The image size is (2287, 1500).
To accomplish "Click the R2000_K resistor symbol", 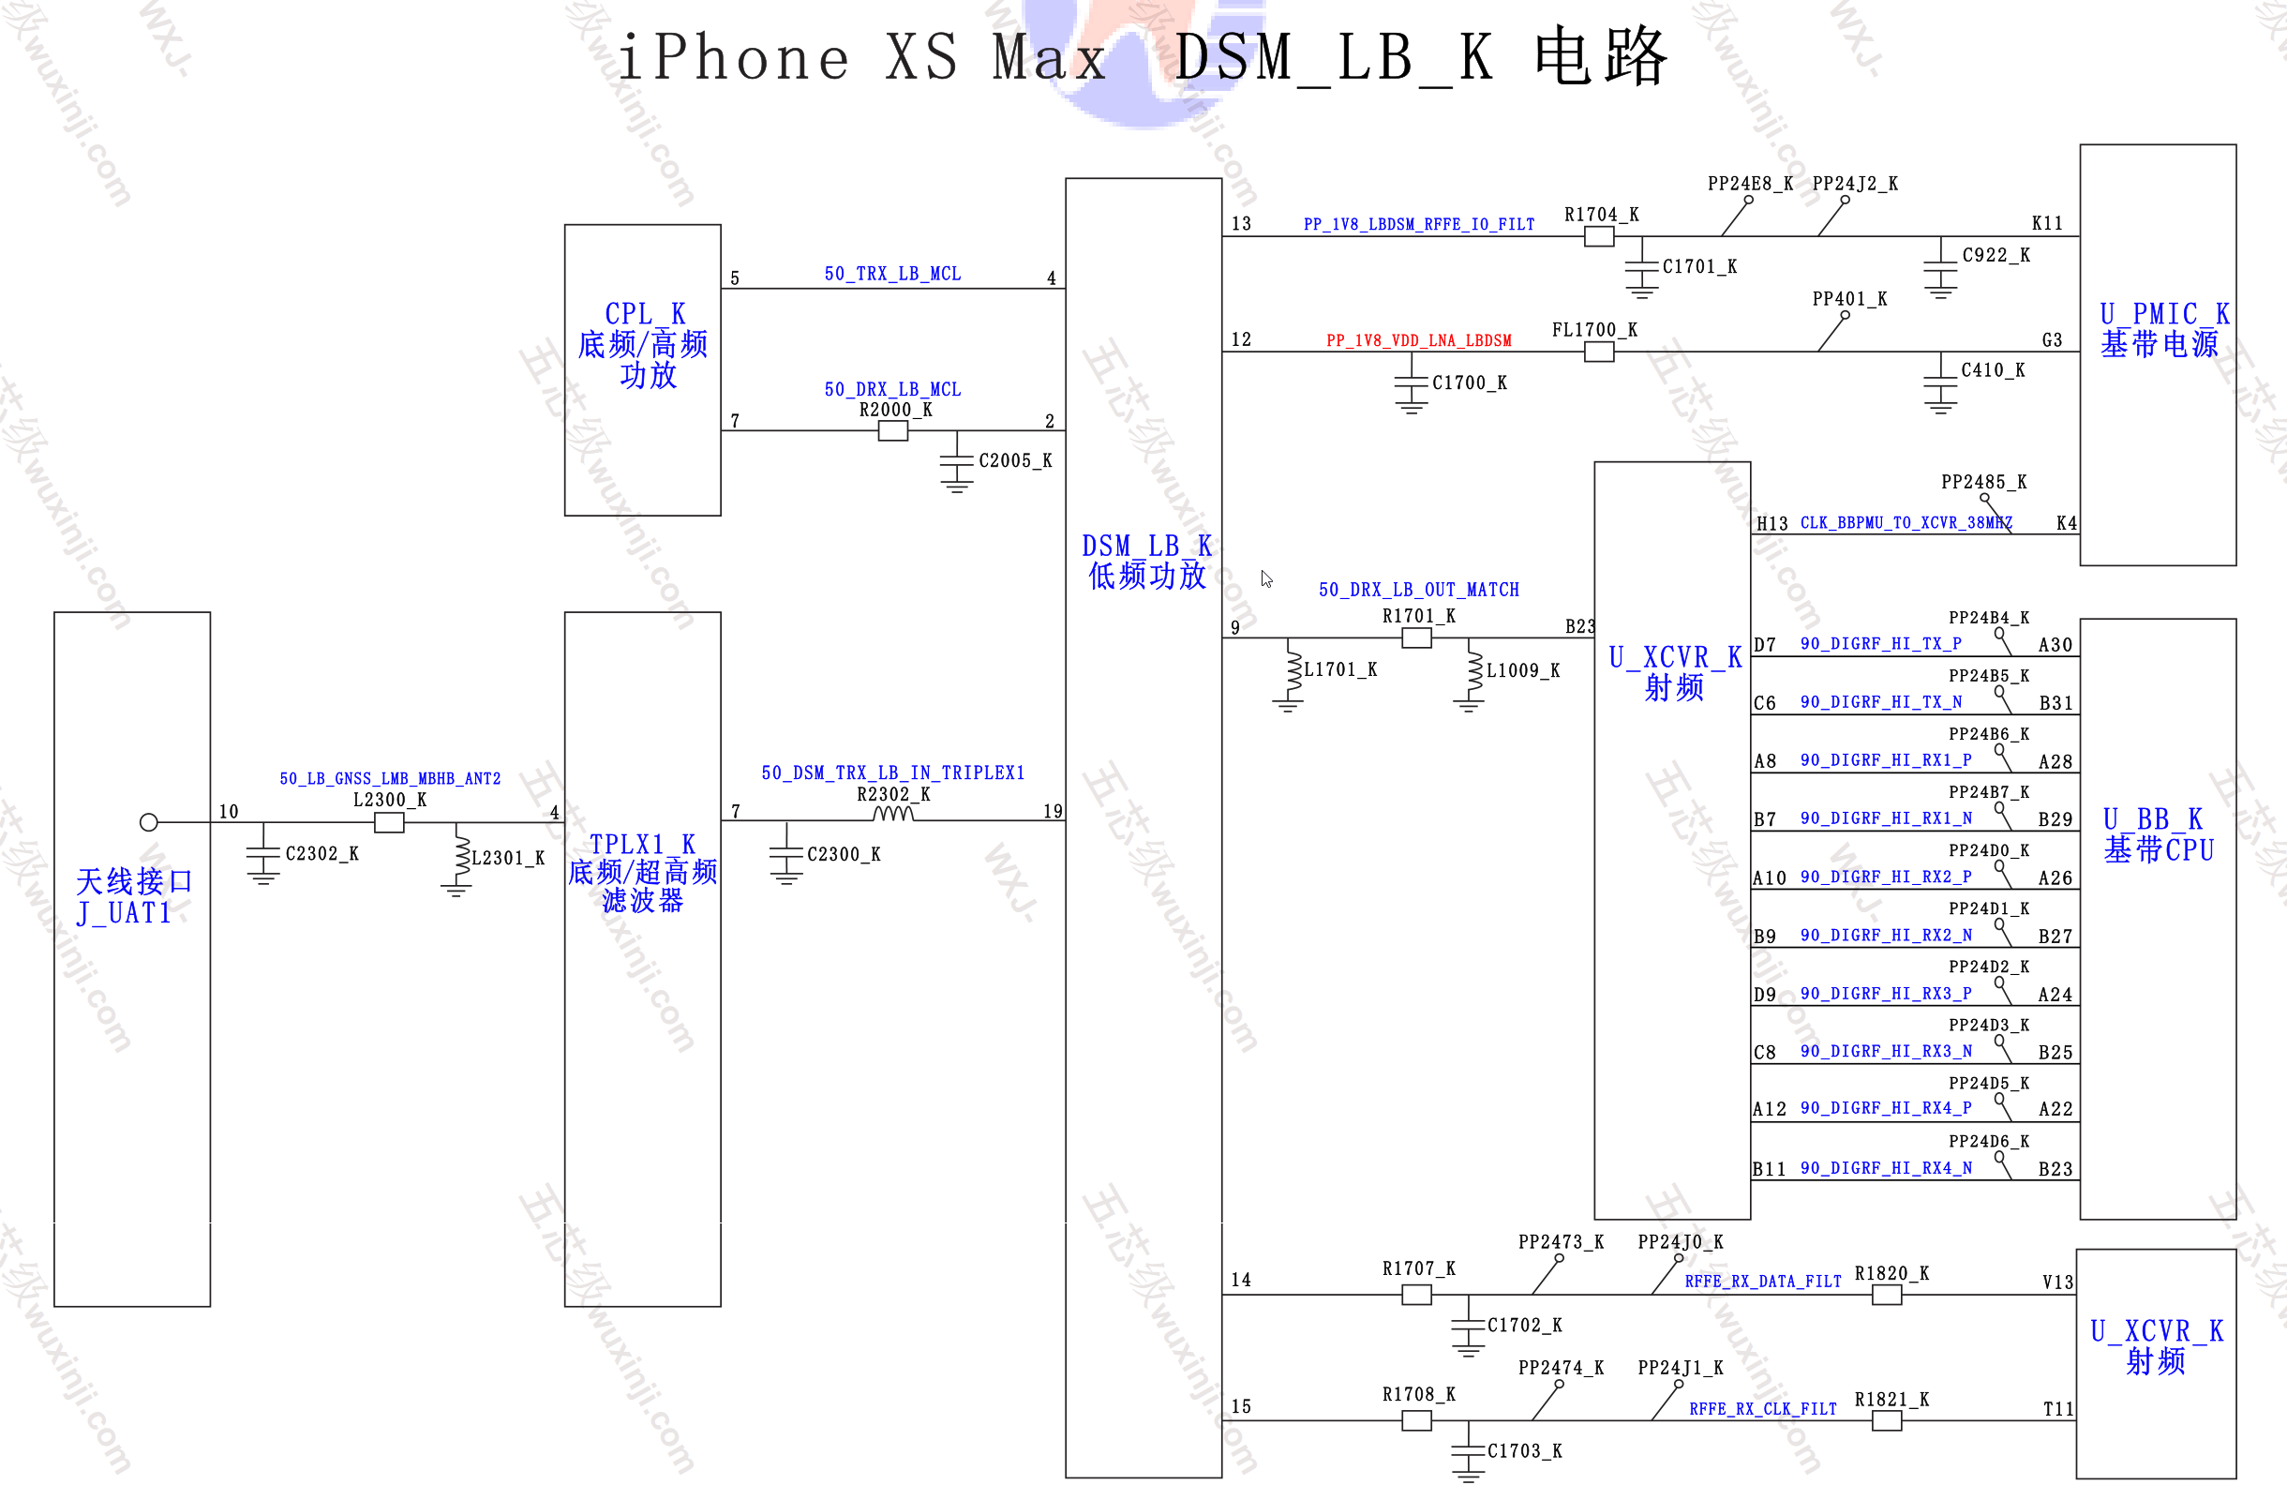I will click(x=892, y=431).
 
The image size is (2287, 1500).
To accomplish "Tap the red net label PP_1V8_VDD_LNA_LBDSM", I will click(x=1418, y=340).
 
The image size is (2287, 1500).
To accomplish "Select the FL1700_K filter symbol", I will click(x=1599, y=352).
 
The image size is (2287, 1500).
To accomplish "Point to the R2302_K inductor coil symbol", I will click(x=892, y=815).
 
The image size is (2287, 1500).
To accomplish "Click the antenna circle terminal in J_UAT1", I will click(x=148, y=822).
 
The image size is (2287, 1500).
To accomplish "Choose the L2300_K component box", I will click(x=389, y=822).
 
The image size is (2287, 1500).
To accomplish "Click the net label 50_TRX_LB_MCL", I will click(x=892, y=274).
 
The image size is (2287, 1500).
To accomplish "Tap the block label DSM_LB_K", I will click(x=1146, y=546).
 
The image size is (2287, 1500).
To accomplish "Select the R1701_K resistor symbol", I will click(x=1416, y=638).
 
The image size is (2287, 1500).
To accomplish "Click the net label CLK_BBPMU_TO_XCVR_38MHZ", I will click(x=1906, y=523).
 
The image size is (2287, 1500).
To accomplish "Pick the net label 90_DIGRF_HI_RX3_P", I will click(x=1885, y=994).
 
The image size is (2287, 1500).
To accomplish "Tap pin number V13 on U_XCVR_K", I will click(x=2057, y=1282).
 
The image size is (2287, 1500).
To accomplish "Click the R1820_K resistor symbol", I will click(x=1886, y=1296).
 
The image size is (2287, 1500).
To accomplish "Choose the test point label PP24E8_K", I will click(x=1750, y=184).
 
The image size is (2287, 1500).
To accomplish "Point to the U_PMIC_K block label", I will click(x=2164, y=314).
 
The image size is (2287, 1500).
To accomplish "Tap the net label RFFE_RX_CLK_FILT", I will click(x=1763, y=1409).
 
